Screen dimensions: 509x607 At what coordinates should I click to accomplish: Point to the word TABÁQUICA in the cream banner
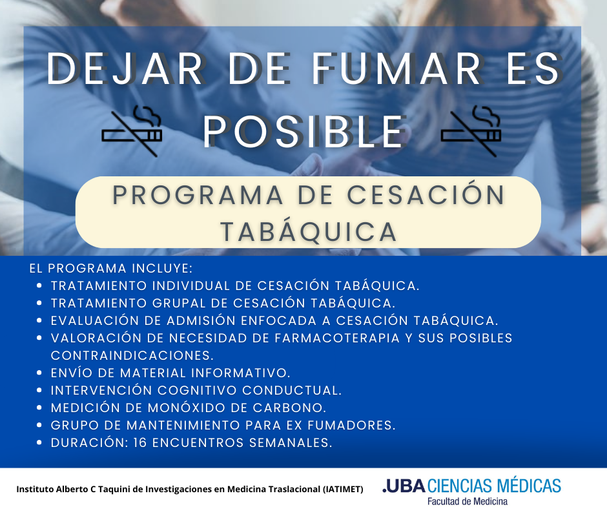[308, 231]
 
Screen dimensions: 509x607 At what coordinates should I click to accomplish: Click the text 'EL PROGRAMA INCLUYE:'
[111, 267]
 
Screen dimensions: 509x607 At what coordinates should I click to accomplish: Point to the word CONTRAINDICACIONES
[132, 355]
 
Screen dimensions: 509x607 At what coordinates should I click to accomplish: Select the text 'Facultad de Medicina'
[468, 501]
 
